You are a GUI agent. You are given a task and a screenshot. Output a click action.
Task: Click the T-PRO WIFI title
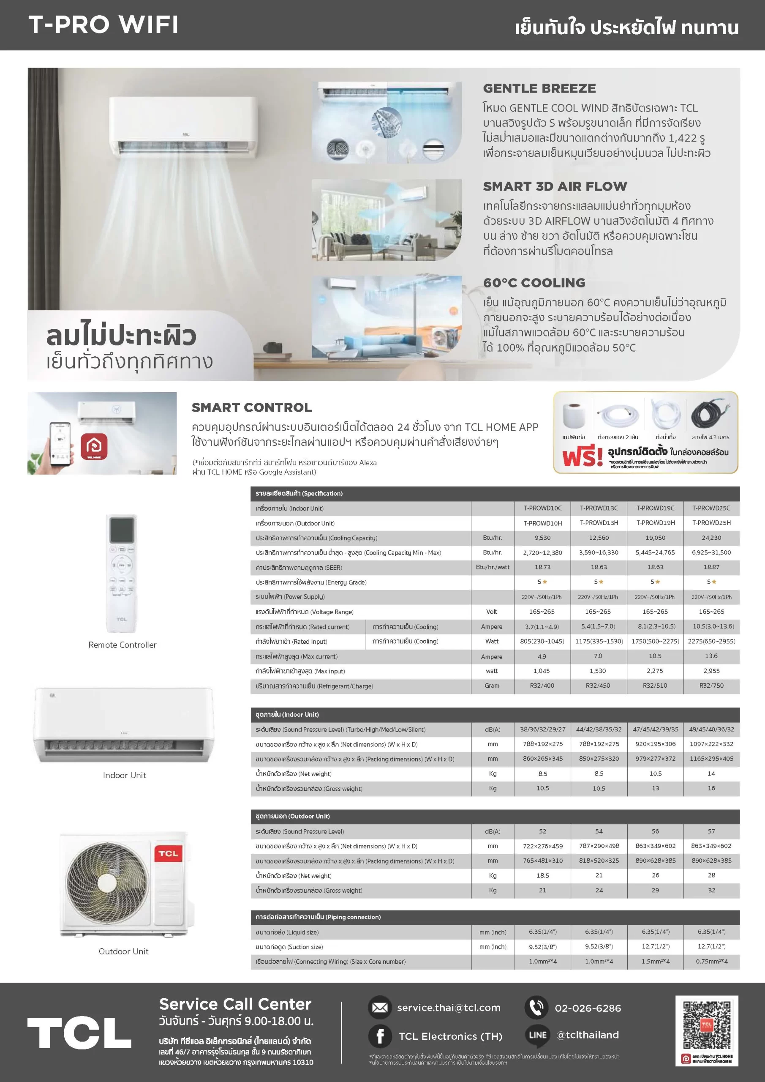click(x=103, y=25)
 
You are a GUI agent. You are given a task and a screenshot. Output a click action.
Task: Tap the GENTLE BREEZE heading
click(x=539, y=88)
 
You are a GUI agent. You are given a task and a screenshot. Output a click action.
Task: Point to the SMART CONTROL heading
click(x=251, y=407)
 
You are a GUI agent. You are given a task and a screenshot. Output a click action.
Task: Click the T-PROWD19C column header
click(x=655, y=508)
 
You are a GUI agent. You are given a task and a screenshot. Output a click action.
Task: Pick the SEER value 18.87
click(x=711, y=567)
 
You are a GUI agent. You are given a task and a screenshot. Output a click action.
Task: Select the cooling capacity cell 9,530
click(x=542, y=538)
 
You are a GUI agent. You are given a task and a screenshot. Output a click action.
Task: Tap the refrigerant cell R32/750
click(x=711, y=685)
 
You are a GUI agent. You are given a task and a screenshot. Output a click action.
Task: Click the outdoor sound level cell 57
click(x=711, y=831)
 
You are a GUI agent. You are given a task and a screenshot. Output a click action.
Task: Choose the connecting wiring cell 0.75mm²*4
click(x=711, y=962)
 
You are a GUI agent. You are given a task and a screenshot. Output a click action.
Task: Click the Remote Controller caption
click(x=123, y=645)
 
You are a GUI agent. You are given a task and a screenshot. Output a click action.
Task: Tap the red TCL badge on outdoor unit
click(x=168, y=853)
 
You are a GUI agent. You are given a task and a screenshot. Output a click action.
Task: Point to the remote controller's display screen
click(x=122, y=530)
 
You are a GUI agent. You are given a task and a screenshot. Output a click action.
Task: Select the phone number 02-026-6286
click(x=588, y=1008)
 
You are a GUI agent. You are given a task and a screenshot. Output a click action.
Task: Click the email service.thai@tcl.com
click(x=449, y=1008)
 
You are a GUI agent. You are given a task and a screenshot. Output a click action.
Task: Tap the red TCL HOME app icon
click(x=94, y=446)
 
